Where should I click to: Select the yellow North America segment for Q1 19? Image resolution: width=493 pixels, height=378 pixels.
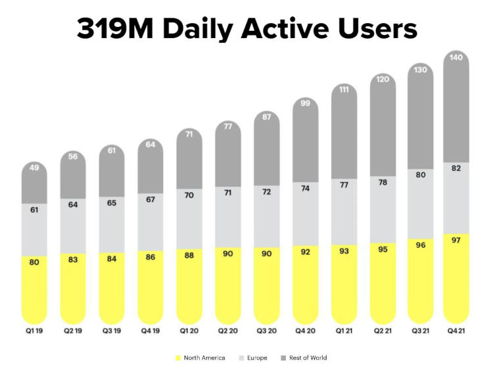34,289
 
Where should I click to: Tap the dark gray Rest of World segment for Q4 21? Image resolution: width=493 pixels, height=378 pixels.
457,112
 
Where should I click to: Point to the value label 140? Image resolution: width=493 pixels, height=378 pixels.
456,58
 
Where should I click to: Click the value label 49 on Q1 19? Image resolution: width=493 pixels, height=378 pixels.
34,168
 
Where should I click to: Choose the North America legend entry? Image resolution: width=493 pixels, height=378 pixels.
200,358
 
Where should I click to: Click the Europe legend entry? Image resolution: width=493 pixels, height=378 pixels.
253,358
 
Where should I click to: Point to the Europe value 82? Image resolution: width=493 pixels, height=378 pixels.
456,168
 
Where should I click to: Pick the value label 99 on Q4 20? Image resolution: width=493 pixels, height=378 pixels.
306,103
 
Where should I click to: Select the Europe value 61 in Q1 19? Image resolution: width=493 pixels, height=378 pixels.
34,210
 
